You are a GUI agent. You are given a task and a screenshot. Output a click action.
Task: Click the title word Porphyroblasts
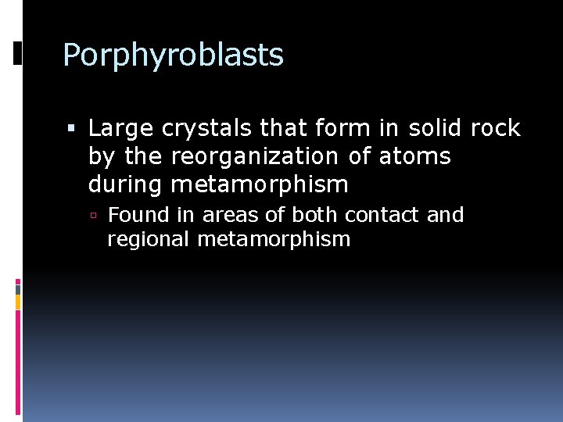click(x=173, y=55)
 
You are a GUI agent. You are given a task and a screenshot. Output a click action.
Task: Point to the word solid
click(x=429, y=129)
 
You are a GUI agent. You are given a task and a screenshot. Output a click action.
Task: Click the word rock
click(x=495, y=129)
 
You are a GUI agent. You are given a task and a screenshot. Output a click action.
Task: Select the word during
click(x=126, y=184)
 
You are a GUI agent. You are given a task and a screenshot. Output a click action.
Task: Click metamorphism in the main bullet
click(x=260, y=184)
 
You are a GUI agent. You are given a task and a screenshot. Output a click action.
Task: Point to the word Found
click(x=134, y=215)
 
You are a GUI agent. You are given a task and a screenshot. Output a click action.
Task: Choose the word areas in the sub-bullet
click(x=228, y=215)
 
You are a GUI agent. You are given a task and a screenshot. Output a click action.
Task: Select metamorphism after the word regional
click(x=274, y=239)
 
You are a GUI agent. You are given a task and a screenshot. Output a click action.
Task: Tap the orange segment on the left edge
click(x=18, y=302)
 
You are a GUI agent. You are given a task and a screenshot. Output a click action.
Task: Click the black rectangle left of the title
click(x=18, y=53)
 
